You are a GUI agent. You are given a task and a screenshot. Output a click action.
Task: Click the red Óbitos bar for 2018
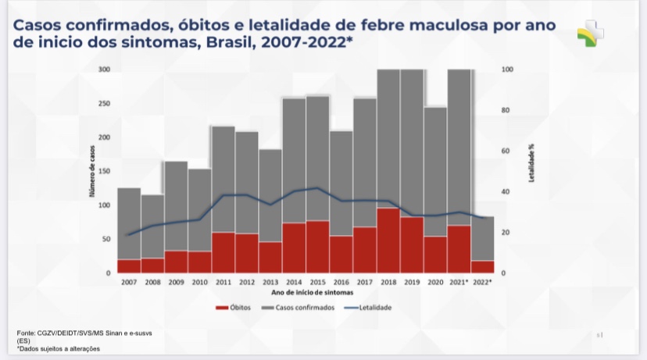388,240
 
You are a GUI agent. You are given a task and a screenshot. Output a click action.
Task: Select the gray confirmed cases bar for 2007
129,223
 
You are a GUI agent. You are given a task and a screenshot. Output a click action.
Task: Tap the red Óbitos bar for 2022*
482,266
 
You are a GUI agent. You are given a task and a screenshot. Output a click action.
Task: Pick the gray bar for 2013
270,195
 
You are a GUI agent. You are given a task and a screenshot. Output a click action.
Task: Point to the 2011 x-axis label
223,281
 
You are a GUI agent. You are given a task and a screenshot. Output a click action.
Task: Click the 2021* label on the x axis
459,281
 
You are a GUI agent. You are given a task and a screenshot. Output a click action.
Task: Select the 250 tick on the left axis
104,103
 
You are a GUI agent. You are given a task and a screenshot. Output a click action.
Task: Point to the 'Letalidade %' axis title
531,163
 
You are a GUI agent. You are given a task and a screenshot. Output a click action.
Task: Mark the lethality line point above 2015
317,187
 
